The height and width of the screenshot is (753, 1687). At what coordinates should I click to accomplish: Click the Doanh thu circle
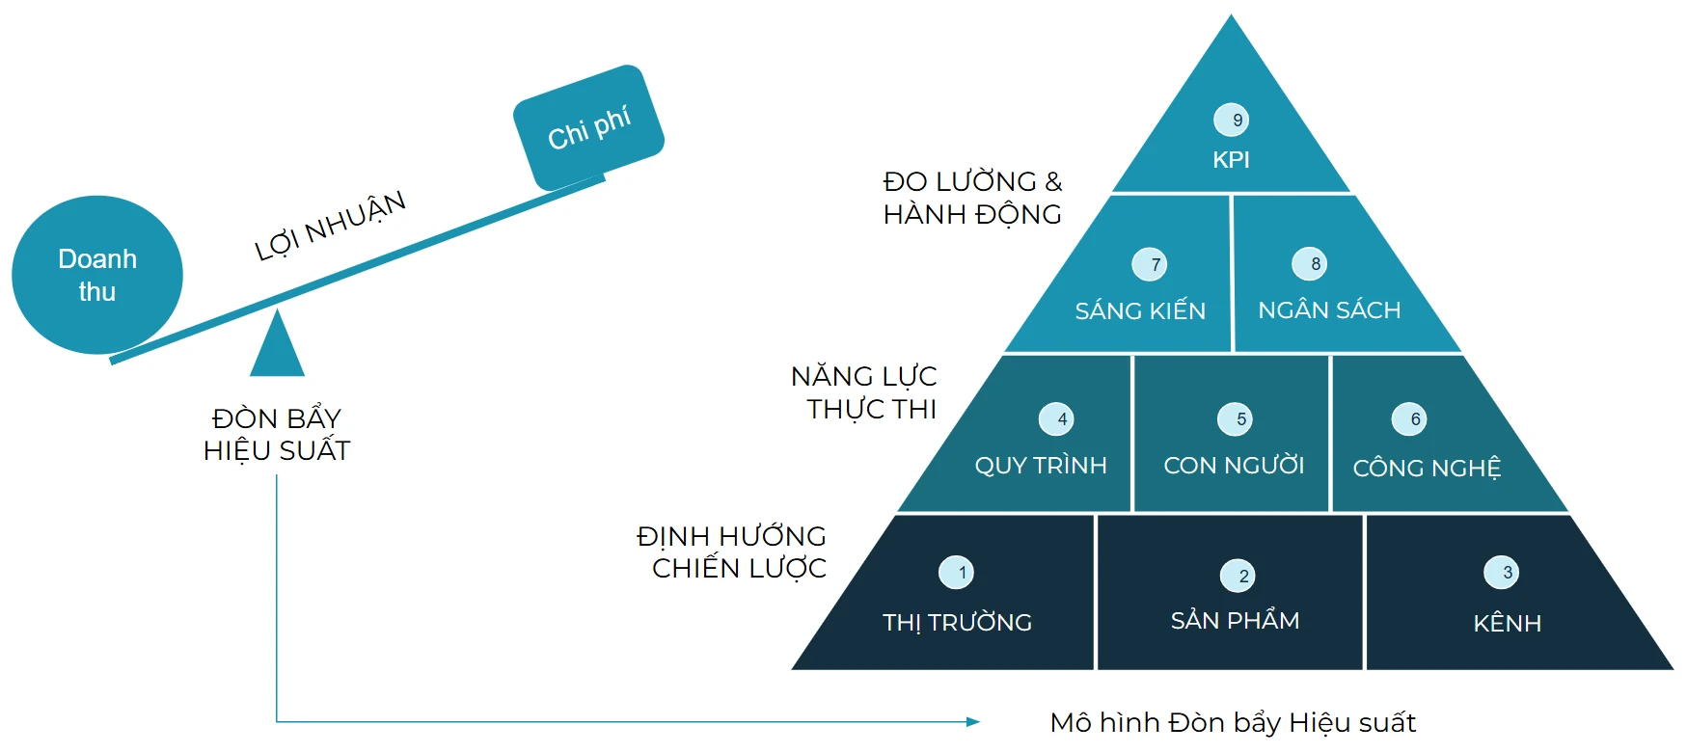96,275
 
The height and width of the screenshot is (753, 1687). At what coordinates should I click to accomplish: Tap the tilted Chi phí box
588,127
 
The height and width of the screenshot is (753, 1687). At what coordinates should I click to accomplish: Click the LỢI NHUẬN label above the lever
330,226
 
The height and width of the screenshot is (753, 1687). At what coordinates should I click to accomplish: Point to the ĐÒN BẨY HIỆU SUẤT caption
277,434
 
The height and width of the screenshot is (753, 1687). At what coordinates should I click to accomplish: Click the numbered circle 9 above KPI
1232,120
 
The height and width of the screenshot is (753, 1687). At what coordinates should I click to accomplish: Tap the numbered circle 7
1150,264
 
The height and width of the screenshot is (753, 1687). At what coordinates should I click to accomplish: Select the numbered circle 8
1310,263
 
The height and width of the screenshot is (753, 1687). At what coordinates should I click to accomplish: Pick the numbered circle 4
1056,418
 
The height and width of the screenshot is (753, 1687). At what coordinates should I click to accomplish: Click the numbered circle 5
1236,418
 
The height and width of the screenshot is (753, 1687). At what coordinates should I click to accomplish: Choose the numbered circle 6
1409,418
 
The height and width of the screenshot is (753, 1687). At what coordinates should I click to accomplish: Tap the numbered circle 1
956,572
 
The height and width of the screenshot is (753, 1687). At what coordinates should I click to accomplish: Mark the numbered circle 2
1238,576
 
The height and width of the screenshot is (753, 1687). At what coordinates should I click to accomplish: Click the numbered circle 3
1502,572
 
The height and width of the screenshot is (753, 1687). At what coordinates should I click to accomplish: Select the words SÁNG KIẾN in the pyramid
1140,310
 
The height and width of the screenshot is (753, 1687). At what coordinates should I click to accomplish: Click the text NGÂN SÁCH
1329,309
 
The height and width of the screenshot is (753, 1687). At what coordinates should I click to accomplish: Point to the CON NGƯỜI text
1234,466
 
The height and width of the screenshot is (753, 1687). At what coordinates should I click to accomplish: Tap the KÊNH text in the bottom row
1507,623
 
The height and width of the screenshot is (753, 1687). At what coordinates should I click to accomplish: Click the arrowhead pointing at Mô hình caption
973,721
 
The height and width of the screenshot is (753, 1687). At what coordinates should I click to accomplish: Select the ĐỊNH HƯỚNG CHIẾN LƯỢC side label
732,551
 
